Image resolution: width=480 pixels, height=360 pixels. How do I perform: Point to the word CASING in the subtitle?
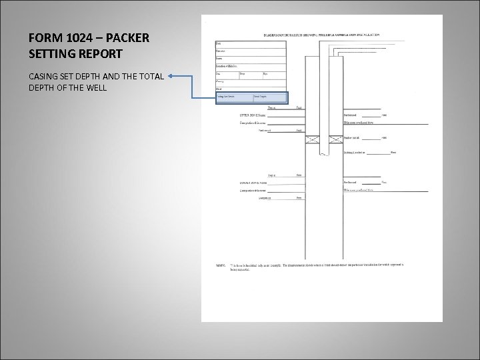point(42,76)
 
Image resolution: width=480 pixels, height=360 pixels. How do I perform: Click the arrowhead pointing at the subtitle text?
point(171,76)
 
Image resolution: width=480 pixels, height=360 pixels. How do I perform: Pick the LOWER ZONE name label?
point(253,183)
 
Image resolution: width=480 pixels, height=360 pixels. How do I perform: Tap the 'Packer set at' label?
point(352,138)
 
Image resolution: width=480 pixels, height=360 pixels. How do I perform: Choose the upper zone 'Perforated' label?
point(351,115)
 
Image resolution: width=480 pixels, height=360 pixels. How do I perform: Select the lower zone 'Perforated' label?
point(351,182)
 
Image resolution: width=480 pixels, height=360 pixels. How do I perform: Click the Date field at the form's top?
point(249,43)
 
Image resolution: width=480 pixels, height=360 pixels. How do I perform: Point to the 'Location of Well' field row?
point(249,65)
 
